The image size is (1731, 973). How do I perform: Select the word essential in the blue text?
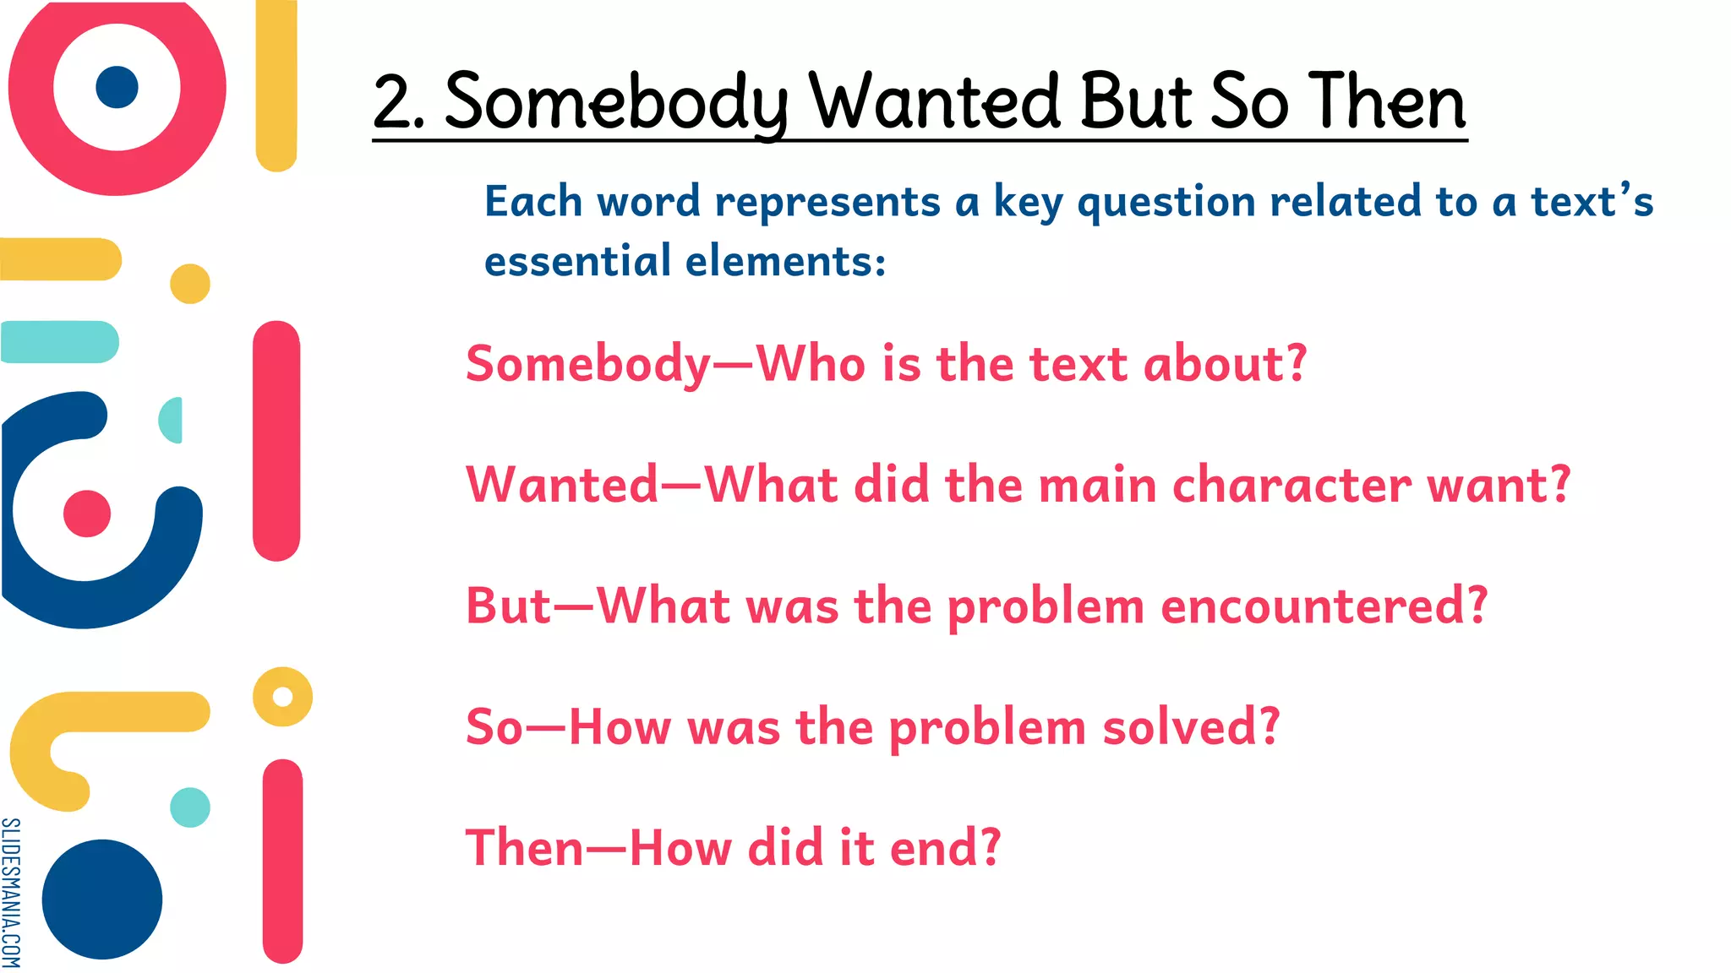[x=577, y=260]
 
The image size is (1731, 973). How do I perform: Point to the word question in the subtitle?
[x=1166, y=203]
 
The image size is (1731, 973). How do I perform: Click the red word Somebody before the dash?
[x=588, y=364]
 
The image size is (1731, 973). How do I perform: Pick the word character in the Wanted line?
[x=1291, y=485]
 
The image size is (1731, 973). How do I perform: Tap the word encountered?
[x=1324, y=606]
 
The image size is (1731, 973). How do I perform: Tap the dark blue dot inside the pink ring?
[x=117, y=87]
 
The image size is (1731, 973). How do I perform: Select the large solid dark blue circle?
[x=102, y=899]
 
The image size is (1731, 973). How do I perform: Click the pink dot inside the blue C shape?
[x=87, y=514]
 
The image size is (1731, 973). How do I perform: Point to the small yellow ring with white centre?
[x=282, y=697]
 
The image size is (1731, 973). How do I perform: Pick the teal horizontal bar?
[x=59, y=342]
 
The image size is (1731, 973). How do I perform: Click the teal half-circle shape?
[x=172, y=420]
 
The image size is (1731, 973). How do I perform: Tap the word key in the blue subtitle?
[x=1027, y=203]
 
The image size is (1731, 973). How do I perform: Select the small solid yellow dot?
[x=190, y=284]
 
